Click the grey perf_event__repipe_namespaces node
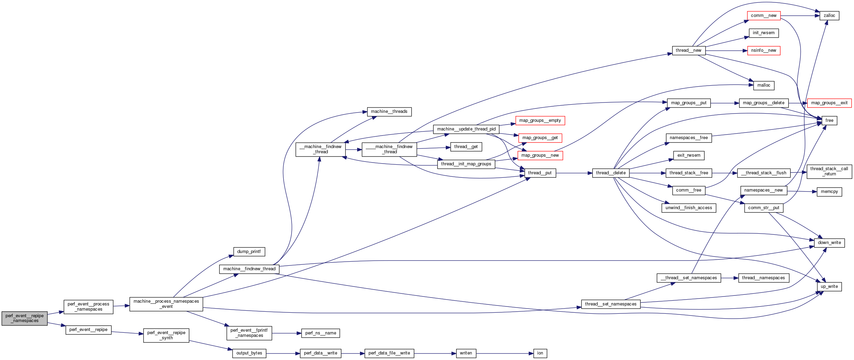click(x=24, y=318)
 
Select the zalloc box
click(x=829, y=16)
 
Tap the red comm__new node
click(x=764, y=16)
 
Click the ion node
click(x=540, y=353)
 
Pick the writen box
click(x=466, y=353)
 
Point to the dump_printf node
click(x=249, y=252)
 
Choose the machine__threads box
click(x=389, y=111)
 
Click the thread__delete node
click(x=610, y=173)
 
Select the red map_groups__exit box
click(x=829, y=103)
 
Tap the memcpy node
click(x=829, y=192)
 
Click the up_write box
click(x=829, y=286)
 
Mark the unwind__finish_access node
click(x=689, y=208)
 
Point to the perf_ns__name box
click(x=321, y=333)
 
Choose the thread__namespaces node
click(x=763, y=278)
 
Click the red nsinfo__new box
click(x=763, y=50)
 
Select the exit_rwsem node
click(x=689, y=155)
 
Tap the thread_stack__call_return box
click(x=829, y=171)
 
